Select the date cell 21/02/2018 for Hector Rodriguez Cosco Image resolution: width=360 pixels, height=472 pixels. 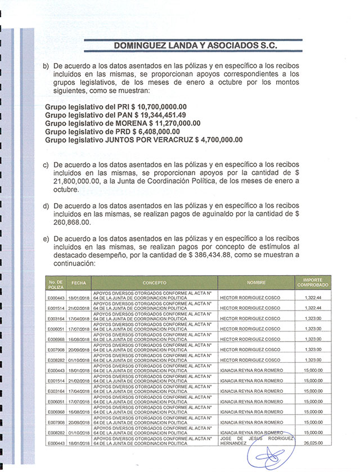pyautogui.click(x=79, y=308)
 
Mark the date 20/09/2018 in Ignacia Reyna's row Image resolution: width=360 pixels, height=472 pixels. pyautogui.click(x=79, y=422)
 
